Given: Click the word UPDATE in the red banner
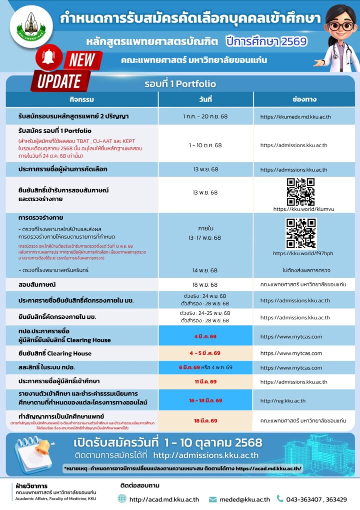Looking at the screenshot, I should click(59, 81).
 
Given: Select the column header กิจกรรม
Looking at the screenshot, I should click(82, 99).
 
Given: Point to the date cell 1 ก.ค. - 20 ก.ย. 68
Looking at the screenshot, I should click(205, 117).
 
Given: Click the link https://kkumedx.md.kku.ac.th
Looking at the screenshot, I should click(295, 117).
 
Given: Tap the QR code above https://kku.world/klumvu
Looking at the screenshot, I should click(300, 192).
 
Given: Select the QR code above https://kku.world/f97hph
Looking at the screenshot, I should click(300, 233).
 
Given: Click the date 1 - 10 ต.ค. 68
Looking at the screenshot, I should click(205, 145).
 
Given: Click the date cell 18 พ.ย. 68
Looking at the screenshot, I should click(205, 284).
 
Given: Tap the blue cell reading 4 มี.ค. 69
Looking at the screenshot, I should click(205, 336).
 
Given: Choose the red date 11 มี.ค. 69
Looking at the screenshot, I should click(205, 382).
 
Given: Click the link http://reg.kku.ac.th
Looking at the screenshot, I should click(282, 400).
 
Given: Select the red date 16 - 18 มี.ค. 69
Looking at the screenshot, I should click(205, 400).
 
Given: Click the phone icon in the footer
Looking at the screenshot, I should click(280, 498).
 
